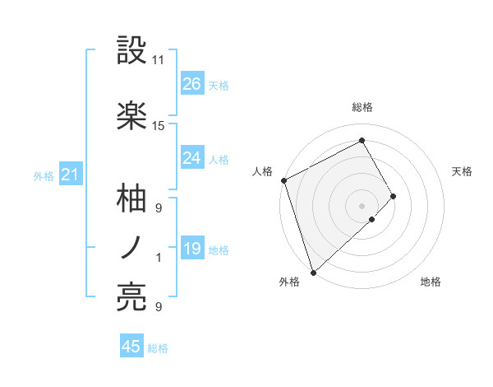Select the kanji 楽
132,115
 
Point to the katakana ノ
131,247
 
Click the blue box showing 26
192,83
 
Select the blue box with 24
192,158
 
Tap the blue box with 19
192,249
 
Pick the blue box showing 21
71,175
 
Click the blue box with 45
131,347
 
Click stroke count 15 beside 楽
159,126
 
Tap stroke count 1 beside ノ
159,258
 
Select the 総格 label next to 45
158,348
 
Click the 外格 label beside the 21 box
44,176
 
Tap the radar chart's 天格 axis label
463,171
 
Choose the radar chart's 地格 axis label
431,282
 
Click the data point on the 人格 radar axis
283,180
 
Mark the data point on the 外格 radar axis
312,272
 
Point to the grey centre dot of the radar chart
362,205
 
